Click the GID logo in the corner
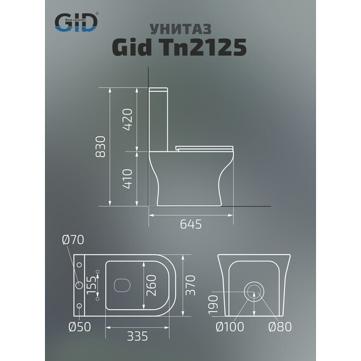[76, 23]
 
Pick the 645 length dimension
[190, 224]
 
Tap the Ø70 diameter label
[73, 240]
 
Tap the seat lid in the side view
[203, 148]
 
